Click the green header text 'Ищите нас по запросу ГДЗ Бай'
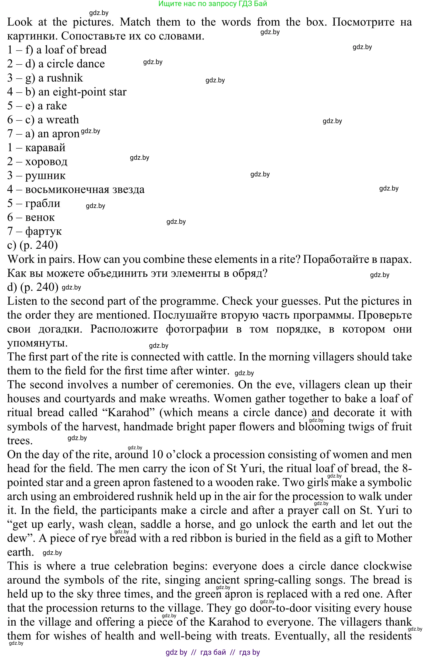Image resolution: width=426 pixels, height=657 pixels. [x=213, y=4]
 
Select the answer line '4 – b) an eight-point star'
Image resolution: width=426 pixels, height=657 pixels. [x=67, y=92]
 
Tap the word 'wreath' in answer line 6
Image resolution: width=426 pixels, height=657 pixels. [x=62, y=120]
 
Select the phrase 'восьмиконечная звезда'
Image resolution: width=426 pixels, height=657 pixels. [x=85, y=189]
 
